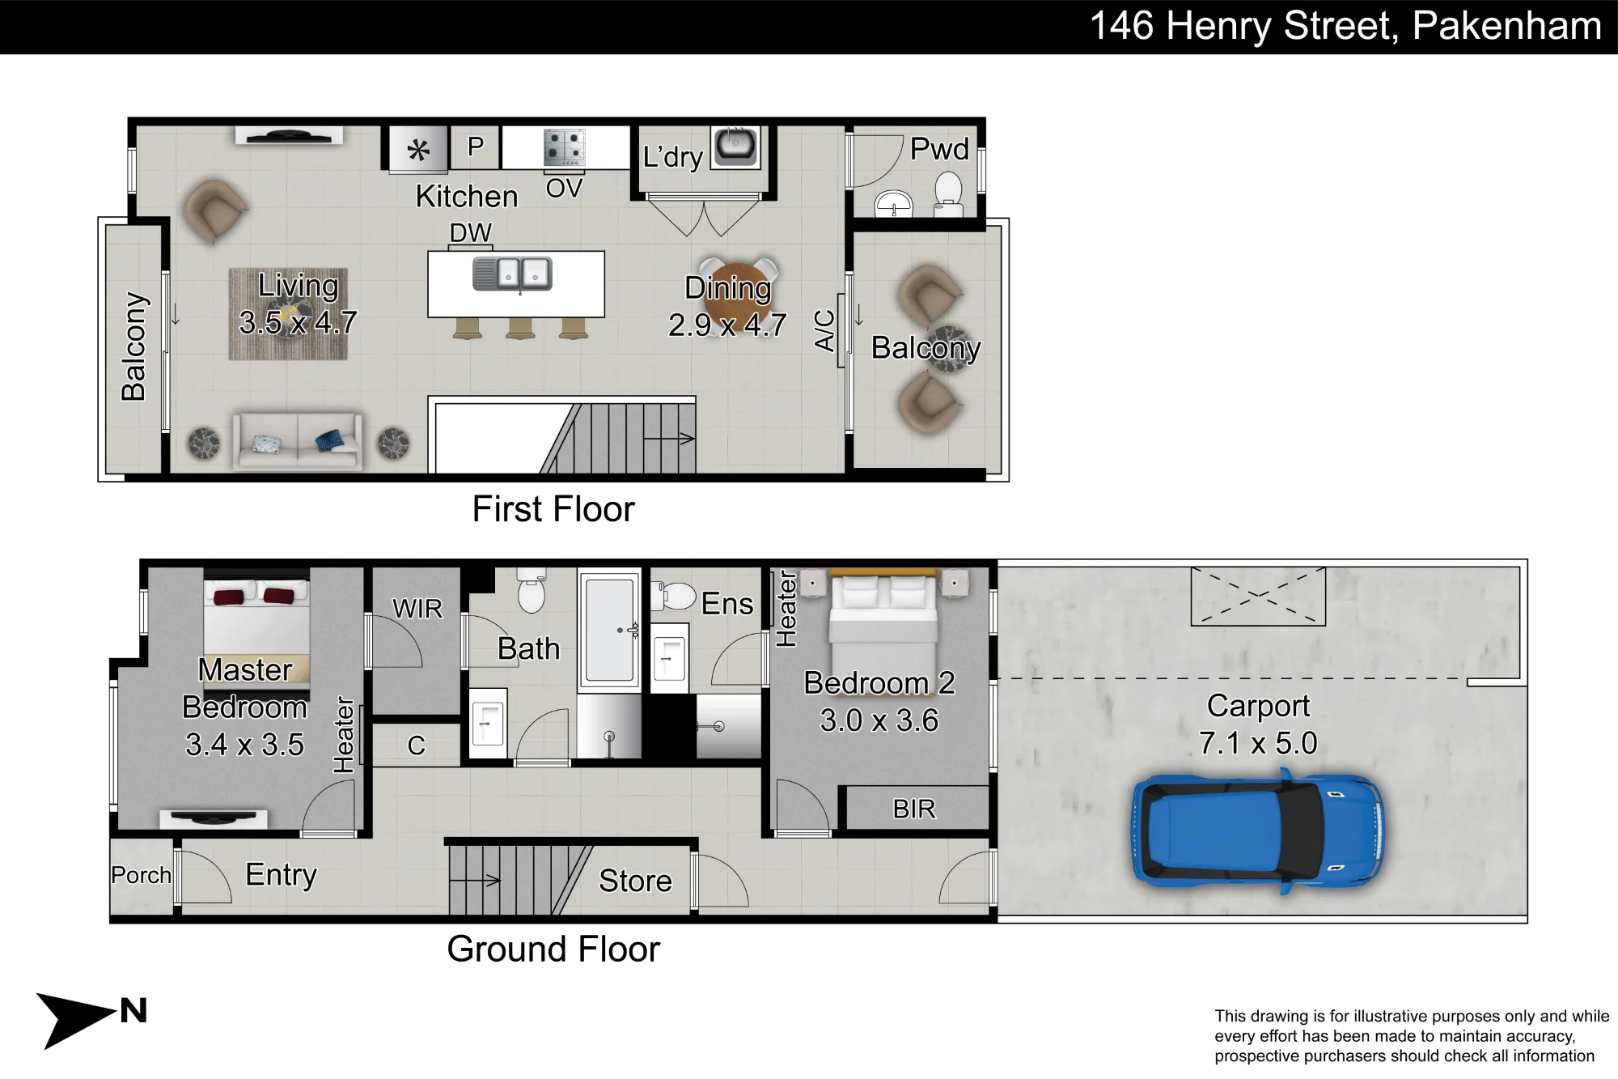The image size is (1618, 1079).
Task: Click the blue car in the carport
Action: (1257, 833)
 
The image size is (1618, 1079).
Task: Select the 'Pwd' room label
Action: (939, 149)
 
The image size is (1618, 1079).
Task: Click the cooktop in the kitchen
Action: (564, 147)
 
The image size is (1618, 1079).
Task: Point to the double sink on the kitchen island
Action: (513, 274)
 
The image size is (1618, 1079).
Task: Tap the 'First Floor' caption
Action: (553, 509)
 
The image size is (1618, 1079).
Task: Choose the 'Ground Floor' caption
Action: (553, 949)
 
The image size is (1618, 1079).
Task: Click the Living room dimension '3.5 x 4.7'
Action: (298, 323)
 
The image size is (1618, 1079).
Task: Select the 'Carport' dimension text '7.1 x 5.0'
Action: (1258, 743)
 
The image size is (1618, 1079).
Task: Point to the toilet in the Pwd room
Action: (948, 197)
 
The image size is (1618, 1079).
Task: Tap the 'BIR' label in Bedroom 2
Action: (914, 809)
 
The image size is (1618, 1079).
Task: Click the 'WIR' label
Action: (417, 609)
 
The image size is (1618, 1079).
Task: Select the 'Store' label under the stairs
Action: (635, 881)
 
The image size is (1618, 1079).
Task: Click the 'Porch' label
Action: (142, 875)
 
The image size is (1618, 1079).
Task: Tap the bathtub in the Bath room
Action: (610, 629)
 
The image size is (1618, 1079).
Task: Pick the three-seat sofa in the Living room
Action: (298, 440)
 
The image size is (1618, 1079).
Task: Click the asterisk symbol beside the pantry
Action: (418, 150)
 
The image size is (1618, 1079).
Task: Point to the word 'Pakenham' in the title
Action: (1507, 25)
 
